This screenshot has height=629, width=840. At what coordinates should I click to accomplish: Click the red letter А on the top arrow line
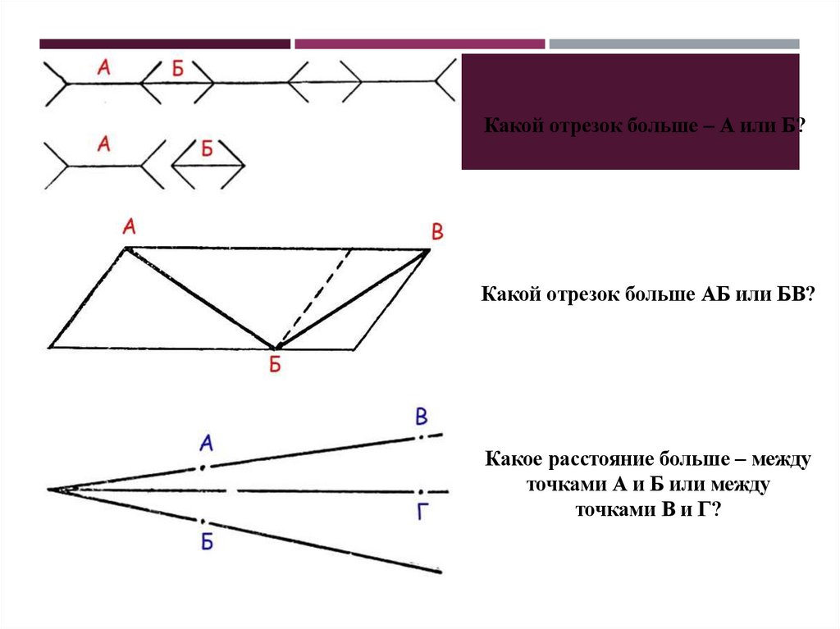(103, 69)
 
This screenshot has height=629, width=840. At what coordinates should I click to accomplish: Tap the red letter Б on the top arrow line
(178, 70)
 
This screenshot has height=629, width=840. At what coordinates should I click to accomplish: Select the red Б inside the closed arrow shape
(207, 149)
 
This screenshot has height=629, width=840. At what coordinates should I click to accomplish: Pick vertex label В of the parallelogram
(437, 232)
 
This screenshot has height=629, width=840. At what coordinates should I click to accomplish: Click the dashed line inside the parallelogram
(316, 295)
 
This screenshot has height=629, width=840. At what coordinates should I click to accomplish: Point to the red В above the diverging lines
(421, 417)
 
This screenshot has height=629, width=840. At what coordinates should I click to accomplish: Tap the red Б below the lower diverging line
(207, 540)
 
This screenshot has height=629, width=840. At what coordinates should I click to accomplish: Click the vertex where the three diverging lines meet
(51, 490)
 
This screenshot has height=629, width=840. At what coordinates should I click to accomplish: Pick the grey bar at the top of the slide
(673, 43)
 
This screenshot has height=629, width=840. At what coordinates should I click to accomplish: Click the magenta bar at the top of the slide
(419, 43)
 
